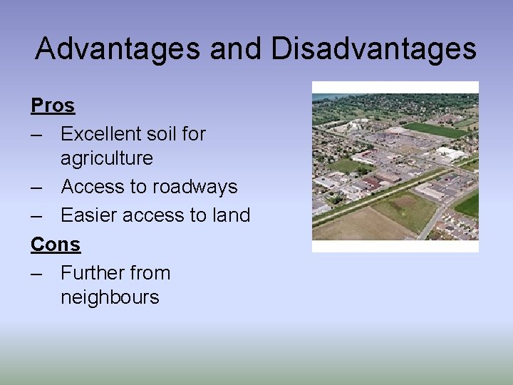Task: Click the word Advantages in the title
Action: pyautogui.click(x=117, y=48)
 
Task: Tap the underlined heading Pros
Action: pyautogui.click(x=53, y=106)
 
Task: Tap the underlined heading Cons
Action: pyautogui.click(x=56, y=245)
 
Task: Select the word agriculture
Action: pyautogui.click(x=107, y=158)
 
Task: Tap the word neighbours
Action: pyautogui.click(x=110, y=297)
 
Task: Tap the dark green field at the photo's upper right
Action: pyautogui.click(x=436, y=130)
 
